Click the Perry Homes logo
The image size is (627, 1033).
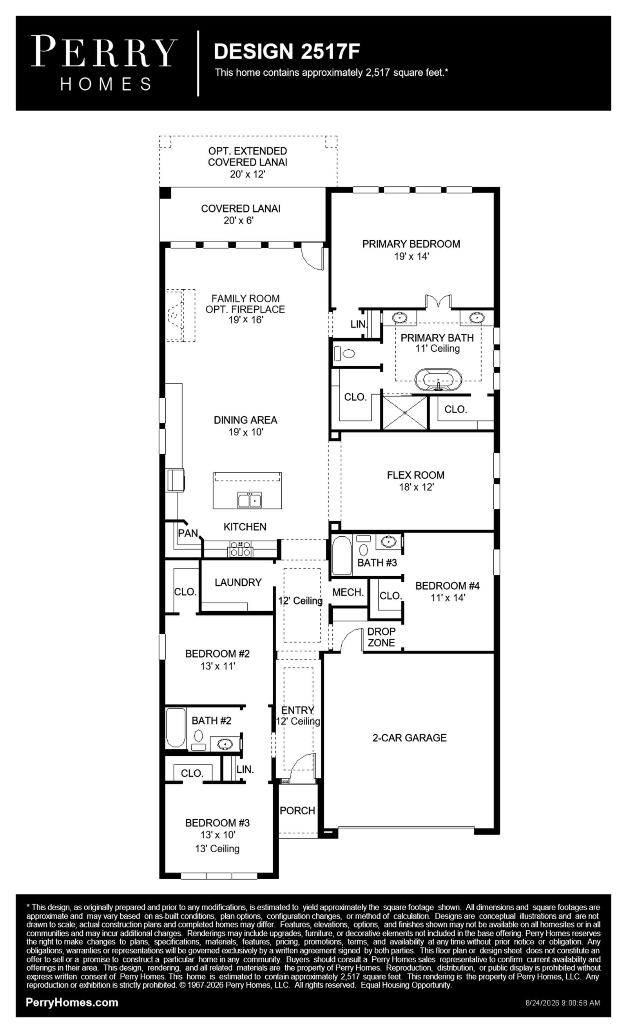(104, 63)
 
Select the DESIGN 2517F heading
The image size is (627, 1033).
(287, 51)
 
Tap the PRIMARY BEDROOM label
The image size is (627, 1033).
(411, 244)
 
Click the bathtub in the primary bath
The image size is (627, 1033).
(438, 380)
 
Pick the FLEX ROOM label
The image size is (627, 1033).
(415, 475)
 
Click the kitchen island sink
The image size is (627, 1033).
(250, 500)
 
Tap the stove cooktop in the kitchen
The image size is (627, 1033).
(240, 549)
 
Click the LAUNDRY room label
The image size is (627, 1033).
(238, 582)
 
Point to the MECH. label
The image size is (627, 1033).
(348, 592)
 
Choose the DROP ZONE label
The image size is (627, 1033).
(381, 637)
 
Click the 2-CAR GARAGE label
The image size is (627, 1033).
(410, 737)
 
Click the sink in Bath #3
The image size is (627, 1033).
(388, 542)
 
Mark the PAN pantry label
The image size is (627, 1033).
(188, 533)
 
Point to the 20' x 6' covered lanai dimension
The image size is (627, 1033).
(239, 220)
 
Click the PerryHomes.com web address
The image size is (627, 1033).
(72, 1002)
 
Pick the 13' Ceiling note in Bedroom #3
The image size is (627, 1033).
(217, 848)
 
